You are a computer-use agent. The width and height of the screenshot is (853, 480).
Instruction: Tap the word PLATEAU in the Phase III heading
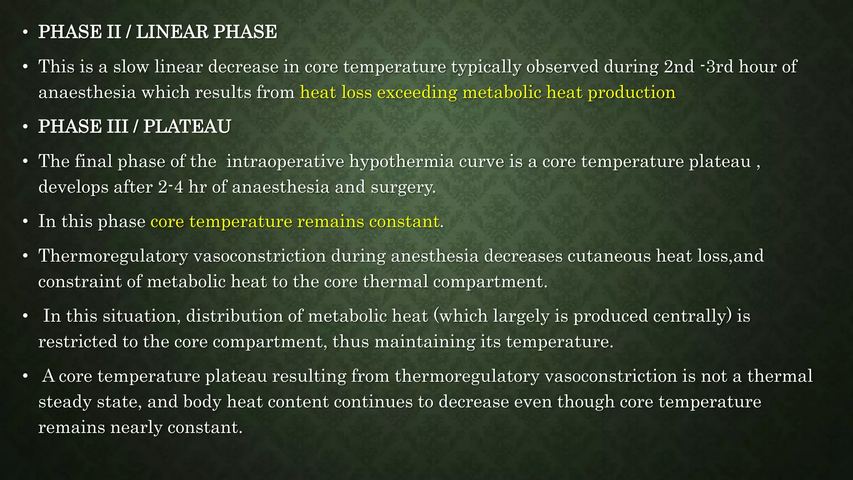tap(187, 127)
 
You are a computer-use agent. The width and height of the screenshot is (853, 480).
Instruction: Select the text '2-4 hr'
tap(182, 187)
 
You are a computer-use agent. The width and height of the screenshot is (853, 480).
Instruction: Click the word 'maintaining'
tap(425, 342)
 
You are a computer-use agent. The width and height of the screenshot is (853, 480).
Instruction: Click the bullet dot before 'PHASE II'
tap(25, 33)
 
